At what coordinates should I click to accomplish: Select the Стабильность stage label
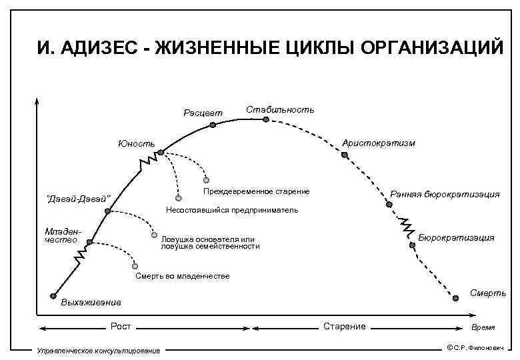coord(280,109)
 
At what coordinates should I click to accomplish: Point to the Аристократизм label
coord(378,143)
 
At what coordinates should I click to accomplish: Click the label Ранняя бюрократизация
coord(445,194)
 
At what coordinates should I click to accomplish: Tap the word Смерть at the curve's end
coord(488,293)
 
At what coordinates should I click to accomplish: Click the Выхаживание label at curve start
coord(91,303)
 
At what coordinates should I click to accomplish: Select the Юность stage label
coord(136,143)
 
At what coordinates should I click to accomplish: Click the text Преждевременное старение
coord(256,192)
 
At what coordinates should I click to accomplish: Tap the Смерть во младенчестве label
coord(181,276)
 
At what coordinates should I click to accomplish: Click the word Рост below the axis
coord(121,326)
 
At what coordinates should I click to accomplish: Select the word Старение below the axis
coord(344,326)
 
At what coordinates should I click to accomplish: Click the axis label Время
coord(483,328)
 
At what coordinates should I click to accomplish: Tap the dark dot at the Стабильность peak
coord(265,119)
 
